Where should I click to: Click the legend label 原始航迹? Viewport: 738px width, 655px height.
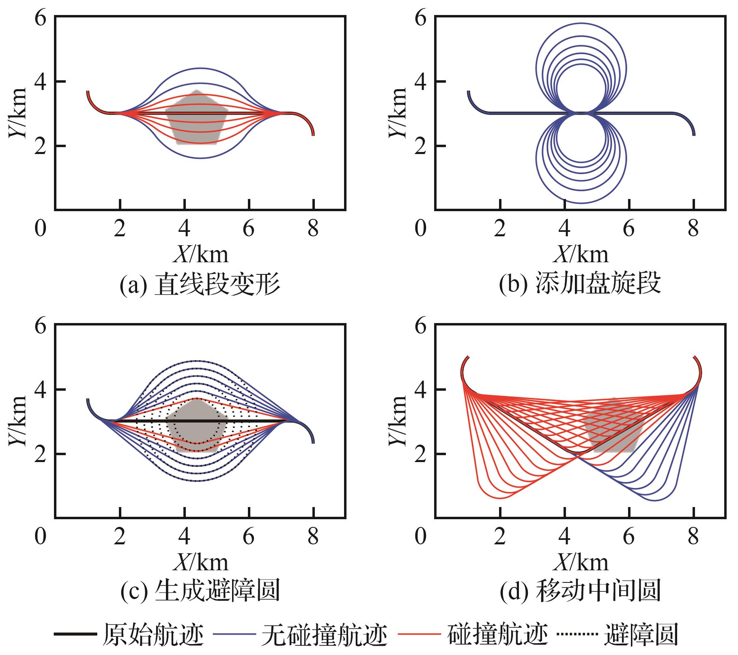click(x=153, y=635)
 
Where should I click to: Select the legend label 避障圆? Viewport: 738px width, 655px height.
click(x=641, y=635)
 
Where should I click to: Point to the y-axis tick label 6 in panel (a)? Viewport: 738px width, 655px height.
click(x=41, y=19)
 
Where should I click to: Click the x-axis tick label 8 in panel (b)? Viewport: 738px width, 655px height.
click(x=693, y=229)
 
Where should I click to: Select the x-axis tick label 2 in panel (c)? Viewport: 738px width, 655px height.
click(x=119, y=537)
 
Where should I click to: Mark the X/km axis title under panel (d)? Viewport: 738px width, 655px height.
click(x=581, y=562)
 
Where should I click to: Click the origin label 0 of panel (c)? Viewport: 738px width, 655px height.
click(x=41, y=537)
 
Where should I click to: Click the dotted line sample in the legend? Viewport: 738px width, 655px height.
click(x=576, y=634)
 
